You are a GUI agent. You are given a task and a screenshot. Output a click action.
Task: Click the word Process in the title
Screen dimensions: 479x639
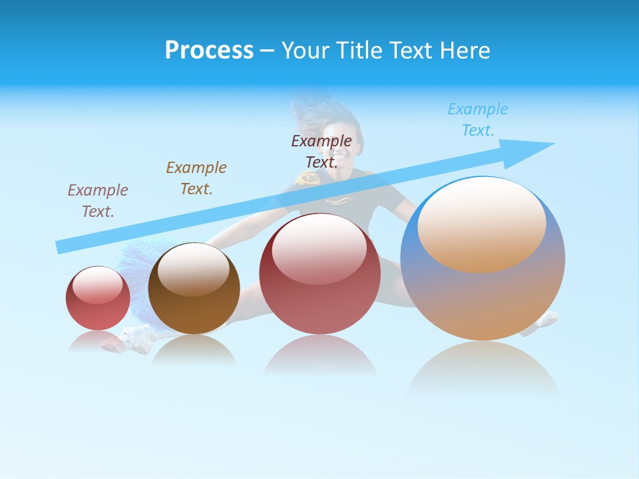pos(209,50)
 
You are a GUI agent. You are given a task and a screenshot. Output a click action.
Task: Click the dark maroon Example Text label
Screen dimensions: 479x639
pos(321,151)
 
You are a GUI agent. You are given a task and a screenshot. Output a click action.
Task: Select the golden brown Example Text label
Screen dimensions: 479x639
pos(196,178)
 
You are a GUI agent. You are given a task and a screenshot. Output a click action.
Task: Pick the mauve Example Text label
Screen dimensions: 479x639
pos(98,200)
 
